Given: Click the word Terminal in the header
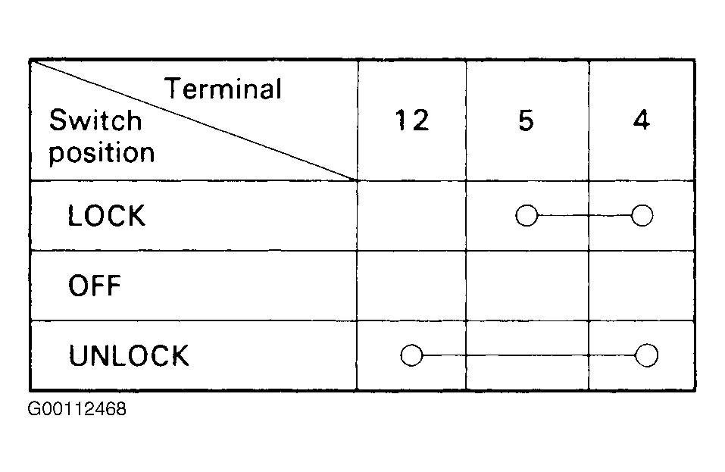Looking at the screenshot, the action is click(x=223, y=89).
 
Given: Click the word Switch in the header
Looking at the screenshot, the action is click(x=95, y=120).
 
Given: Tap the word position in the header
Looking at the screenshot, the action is click(x=102, y=153).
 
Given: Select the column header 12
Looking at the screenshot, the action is click(x=412, y=120).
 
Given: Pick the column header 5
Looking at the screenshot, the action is click(x=527, y=120).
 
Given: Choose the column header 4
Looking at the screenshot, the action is click(x=642, y=120).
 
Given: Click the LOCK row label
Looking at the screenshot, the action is click(x=106, y=216).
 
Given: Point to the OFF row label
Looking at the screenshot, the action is click(x=95, y=285).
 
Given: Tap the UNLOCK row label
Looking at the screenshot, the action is click(x=129, y=355).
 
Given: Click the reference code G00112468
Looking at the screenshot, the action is click(x=77, y=409).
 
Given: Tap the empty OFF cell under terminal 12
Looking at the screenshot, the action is click(x=411, y=285).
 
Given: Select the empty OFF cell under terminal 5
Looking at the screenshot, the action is click(x=527, y=285).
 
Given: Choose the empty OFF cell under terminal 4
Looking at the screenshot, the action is click(x=642, y=285).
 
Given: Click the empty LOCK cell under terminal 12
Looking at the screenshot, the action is click(x=411, y=216).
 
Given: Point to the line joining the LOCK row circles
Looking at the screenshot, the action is click(x=584, y=216).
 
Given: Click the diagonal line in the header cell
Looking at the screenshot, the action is click(x=194, y=120).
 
